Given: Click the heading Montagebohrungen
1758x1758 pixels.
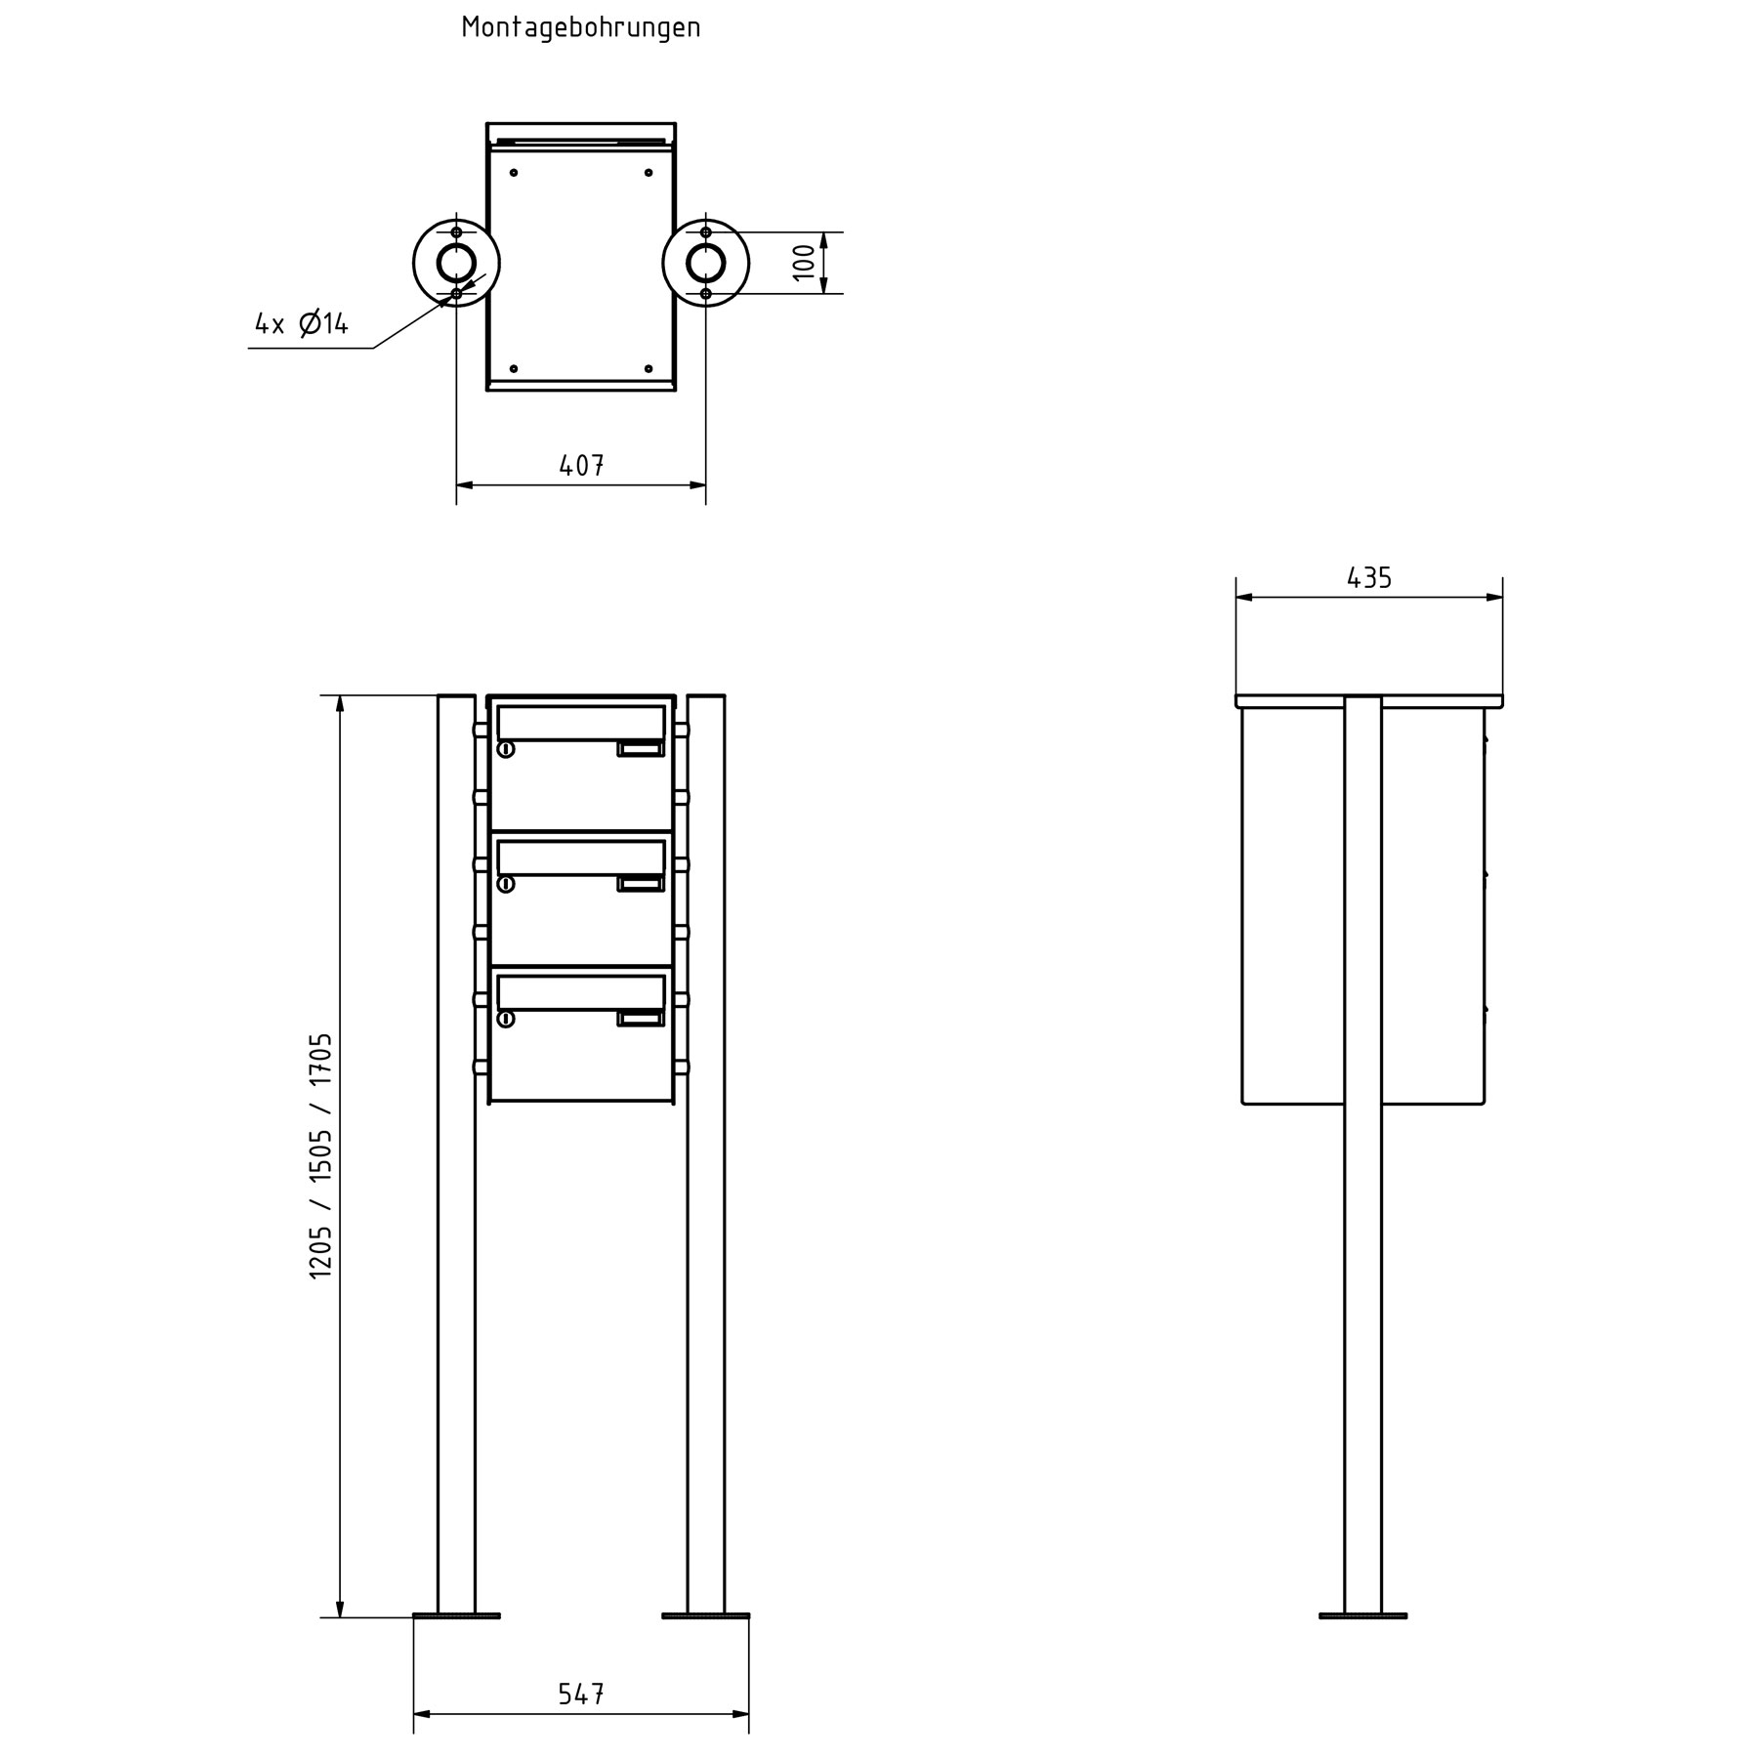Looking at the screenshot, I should coord(581,27).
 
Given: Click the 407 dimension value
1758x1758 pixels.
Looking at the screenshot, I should coord(581,466).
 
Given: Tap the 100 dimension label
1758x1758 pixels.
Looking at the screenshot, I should coord(803,263).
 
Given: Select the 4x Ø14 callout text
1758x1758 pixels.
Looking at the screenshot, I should coord(302,323).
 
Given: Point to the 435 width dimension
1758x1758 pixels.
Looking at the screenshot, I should coord(1368,578).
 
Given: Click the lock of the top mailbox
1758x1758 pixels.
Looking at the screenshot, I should coord(506,749).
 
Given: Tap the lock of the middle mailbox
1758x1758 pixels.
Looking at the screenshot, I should coord(506,884).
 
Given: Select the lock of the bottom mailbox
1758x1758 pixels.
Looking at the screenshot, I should coord(506,1019).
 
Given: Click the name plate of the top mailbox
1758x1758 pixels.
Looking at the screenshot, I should coord(640,749).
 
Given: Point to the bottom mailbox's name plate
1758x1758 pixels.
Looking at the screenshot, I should coord(640,1019).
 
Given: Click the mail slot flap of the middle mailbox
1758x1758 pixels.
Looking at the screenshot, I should coord(581,858).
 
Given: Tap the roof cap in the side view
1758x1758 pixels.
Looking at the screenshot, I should coord(1368,701).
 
